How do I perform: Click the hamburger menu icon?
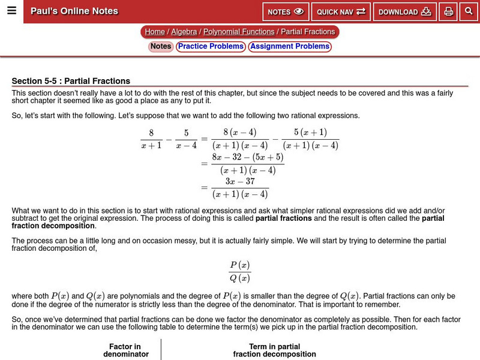pos(11,11)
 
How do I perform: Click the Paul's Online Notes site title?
pos(74,11)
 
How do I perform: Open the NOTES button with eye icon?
pos(286,11)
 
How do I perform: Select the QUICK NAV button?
pos(341,11)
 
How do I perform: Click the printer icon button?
pos(448,11)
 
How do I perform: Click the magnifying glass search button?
pos(469,11)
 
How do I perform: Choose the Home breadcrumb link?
pos(155,32)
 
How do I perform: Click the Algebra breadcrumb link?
pos(185,32)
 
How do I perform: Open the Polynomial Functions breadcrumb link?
pos(239,32)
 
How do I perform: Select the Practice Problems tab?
pos(210,46)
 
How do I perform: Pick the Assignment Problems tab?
pos(290,46)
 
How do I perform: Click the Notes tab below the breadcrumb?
pos(160,46)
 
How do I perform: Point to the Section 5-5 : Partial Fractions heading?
pos(71,81)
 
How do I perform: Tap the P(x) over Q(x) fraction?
pos(240,271)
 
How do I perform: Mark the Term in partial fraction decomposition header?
pos(274,350)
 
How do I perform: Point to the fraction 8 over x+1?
pos(151,139)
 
